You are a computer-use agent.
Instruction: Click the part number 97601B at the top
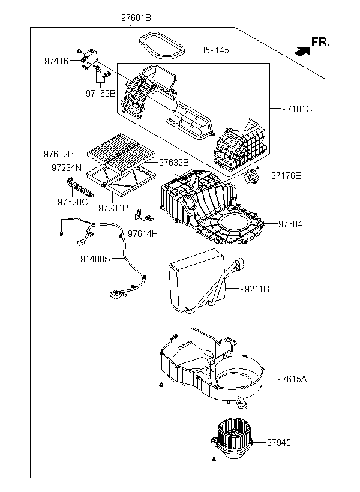click(136, 18)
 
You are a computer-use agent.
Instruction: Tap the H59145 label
click(214, 50)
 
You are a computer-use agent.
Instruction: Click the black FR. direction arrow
click(302, 52)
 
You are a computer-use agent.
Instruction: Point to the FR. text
click(320, 42)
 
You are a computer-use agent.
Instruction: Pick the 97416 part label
click(56, 61)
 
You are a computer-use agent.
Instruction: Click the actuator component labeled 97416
click(88, 59)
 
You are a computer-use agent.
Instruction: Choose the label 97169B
click(101, 94)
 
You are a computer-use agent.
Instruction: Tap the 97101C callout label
click(297, 109)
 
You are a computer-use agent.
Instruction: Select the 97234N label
click(67, 168)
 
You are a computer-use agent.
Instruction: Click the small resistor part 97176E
click(252, 176)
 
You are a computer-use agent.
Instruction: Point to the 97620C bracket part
click(80, 187)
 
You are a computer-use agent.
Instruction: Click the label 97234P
click(113, 208)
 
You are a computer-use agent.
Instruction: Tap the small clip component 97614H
click(143, 216)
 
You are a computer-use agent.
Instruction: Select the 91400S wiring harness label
click(95, 259)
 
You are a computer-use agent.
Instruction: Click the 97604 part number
click(290, 224)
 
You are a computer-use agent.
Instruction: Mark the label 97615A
click(292, 379)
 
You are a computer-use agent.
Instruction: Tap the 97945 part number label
click(279, 442)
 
